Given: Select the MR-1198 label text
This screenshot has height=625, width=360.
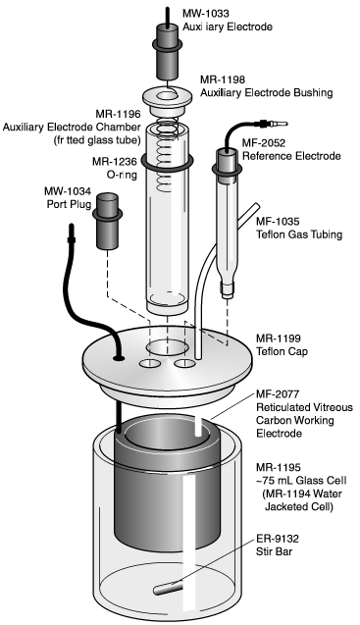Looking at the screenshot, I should [x=225, y=78].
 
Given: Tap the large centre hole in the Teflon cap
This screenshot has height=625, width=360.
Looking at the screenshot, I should [x=164, y=348].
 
